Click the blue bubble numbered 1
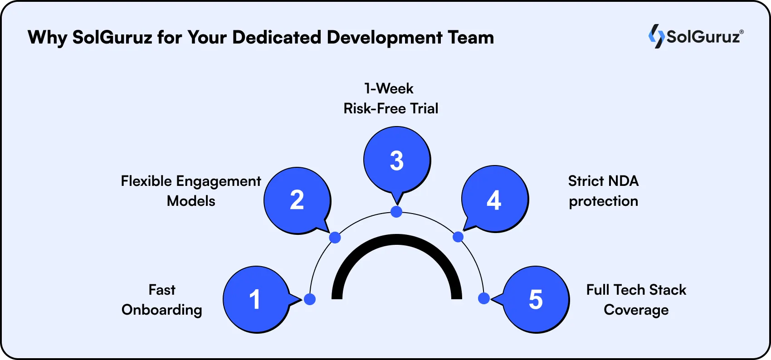point(256,299)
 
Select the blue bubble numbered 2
point(297,200)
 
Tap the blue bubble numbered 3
point(397,161)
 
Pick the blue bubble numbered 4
point(494,200)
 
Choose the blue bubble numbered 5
point(536,299)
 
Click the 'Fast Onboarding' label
point(162,300)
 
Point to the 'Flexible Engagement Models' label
point(191,191)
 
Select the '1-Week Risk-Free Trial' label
point(390,98)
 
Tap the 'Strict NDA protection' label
point(603,191)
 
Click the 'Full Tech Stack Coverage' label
point(636,300)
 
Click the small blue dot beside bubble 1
point(310,299)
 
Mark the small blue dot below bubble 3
point(396,212)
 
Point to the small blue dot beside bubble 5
point(483,298)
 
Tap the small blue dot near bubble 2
point(335,237)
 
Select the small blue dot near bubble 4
point(458,237)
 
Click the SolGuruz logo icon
point(656,36)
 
